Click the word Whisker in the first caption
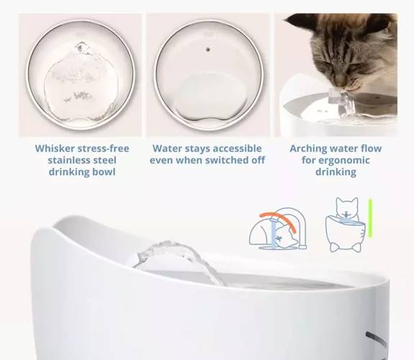[55, 148]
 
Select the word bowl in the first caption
[104, 172]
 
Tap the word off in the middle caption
[258, 160]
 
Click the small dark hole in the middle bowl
[208, 49]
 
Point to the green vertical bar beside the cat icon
[370, 218]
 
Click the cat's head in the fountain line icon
[347, 207]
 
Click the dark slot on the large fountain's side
[376, 339]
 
